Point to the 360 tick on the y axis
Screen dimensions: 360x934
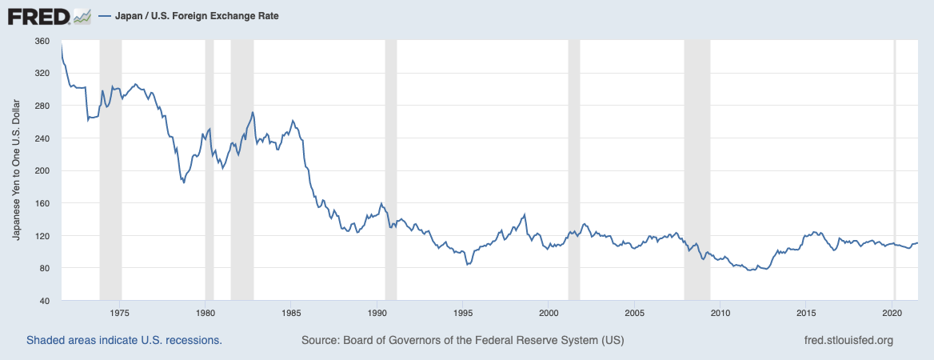pyautogui.click(x=42, y=41)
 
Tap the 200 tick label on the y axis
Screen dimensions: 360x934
pyautogui.click(x=42, y=170)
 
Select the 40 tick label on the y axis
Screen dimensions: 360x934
pyautogui.click(x=45, y=301)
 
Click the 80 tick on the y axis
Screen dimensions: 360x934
pyautogui.click(x=45, y=268)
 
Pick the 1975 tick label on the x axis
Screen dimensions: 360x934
pyautogui.click(x=120, y=313)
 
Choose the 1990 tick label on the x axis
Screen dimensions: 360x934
pyautogui.click(x=377, y=313)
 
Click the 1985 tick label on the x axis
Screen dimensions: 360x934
pyautogui.click(x=292, y=313)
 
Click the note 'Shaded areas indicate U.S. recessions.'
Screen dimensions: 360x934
pyautogui.click(x=124, y=341)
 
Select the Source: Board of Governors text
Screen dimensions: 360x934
pyautogui.click(x=462, y=341)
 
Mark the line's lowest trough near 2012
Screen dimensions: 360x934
pyautogui.click(x=750, y=270)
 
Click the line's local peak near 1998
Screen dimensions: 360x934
pyautogui.click(x=525, y=214)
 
